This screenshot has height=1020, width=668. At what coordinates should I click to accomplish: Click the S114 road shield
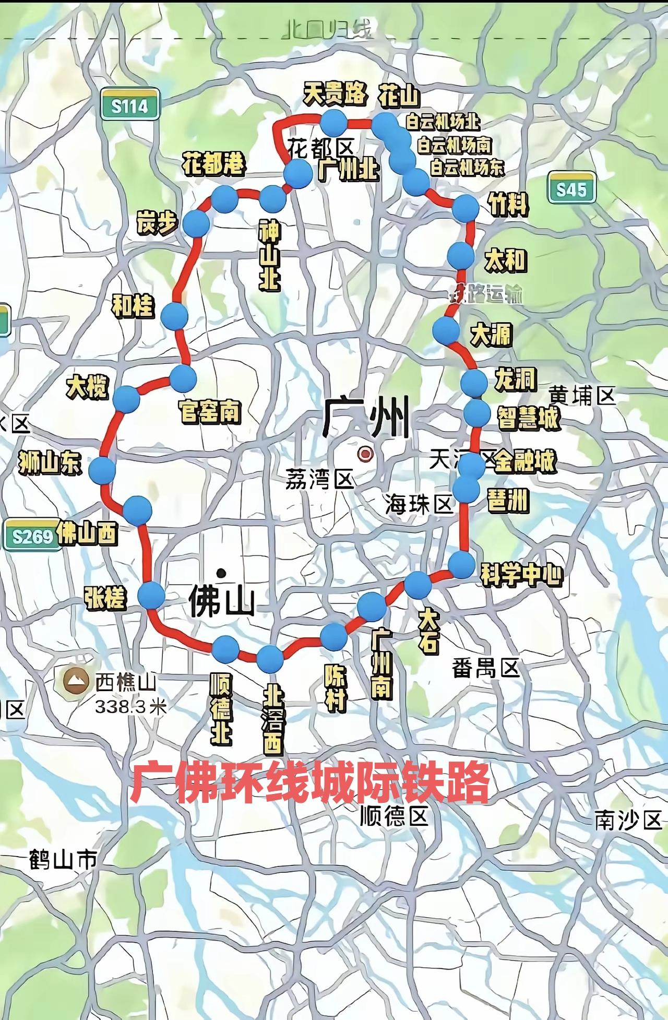(x=129, y=106)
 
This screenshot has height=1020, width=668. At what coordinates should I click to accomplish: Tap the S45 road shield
(x=571, y=188)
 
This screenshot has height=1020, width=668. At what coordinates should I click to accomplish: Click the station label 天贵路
(x=335, y=95)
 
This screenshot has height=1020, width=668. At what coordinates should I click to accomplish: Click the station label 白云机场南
(x=455, y=145)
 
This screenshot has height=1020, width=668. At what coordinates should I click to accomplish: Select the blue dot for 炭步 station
(x=196, y=223)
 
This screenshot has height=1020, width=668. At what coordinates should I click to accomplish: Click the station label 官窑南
(x=210, y=411)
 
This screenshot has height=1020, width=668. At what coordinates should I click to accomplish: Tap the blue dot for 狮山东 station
(x=102, y=471)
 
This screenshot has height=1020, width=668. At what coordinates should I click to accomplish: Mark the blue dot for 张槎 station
(x=151, y=596)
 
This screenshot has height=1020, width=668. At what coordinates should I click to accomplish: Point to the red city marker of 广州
(x=365, y=453)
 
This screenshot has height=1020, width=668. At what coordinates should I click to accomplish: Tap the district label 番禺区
(x=486, y=668)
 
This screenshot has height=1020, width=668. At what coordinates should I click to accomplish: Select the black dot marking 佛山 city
(x=222, y=573)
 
